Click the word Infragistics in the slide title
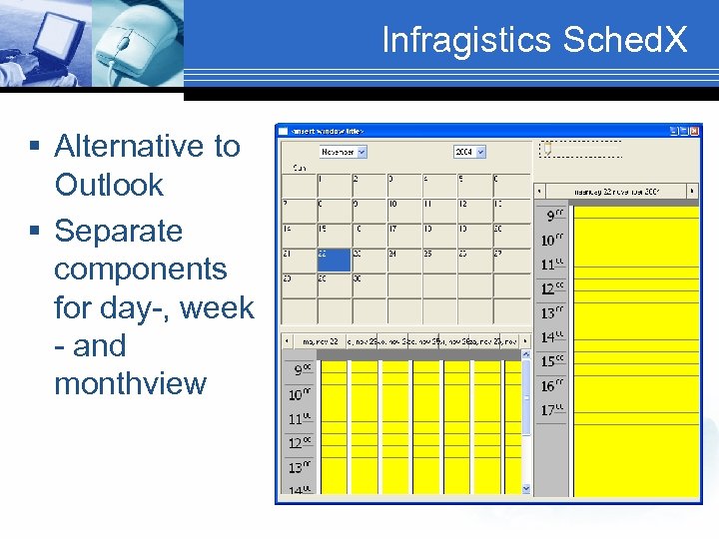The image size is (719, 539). (x=466, y=40)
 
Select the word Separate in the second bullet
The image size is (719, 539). (x=118, y=231)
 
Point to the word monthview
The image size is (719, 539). (x=130, y=383)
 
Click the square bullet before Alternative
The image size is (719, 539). (x=35, y=147)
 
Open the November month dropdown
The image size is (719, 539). (x=343, y=152)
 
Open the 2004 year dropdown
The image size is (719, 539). (x=468, y=152)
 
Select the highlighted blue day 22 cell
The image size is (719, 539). (x=333, y=260)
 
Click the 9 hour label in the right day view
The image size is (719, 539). (x=552, y=215)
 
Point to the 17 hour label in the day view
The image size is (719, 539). (x=552, y=410)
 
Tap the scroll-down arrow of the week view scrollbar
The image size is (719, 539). (x=526, y=488)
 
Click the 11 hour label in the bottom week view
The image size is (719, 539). (x=300, y=419)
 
